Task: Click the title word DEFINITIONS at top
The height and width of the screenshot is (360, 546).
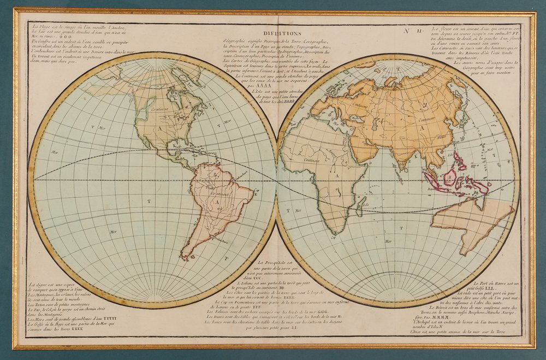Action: tap(286, 33)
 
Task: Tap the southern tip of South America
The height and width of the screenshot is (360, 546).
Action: tap(186, 257)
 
